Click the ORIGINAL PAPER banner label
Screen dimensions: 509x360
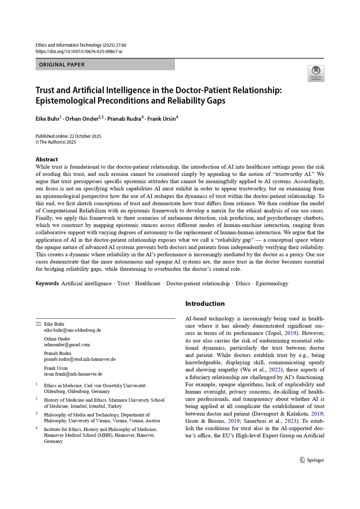coord(62,65)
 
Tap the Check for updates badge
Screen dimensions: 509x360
coord(316,74)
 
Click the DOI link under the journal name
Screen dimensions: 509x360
coord(79,51)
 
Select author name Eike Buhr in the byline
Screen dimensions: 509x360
coord(47,119)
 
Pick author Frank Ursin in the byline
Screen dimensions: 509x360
coord(161,119)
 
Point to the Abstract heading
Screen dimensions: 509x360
coord(46,159)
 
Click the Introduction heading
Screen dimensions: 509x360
coord(205,304)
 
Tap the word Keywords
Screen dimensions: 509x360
coord(47,284)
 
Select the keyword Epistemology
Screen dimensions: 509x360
coord(272,284)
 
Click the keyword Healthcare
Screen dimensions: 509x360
coord(148,284)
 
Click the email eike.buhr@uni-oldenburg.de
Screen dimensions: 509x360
coord(72,330)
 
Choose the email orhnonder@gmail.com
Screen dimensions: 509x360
coord(67,345)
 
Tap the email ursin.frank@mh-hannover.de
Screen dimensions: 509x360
coord(73,374)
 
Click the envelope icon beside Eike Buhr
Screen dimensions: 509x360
coord(38,324)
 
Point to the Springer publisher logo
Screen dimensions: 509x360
coord(312,460)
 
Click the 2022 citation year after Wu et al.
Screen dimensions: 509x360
coord(275,370)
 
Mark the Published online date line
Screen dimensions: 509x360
coord(68,136)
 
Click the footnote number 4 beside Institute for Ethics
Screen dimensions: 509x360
coord(37,428)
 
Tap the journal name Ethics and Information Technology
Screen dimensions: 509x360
coord(69,45)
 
